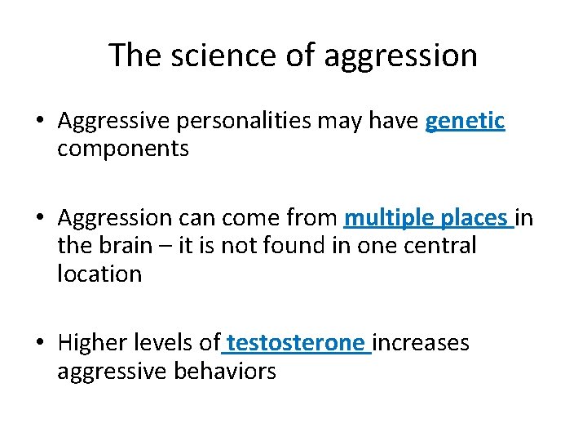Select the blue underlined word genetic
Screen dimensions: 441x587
[x=466, y=122]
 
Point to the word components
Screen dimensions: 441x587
[x=123, y=149]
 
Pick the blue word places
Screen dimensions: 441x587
[x=474, y=219]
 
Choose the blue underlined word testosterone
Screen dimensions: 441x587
[x=296, y=343]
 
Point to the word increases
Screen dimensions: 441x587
[x=421, y=343]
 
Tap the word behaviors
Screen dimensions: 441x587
[x=225, y=371]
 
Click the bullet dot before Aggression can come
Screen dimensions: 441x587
[x=40, y=219]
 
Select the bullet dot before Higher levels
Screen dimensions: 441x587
[x=40, y=343]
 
